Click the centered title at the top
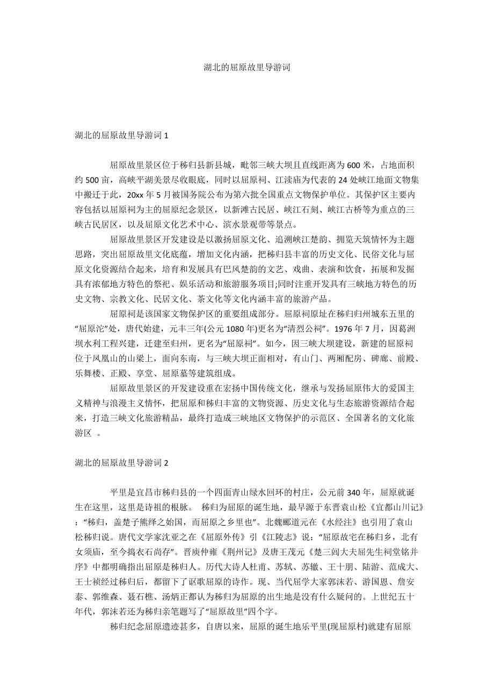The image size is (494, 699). click(246, 68)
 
